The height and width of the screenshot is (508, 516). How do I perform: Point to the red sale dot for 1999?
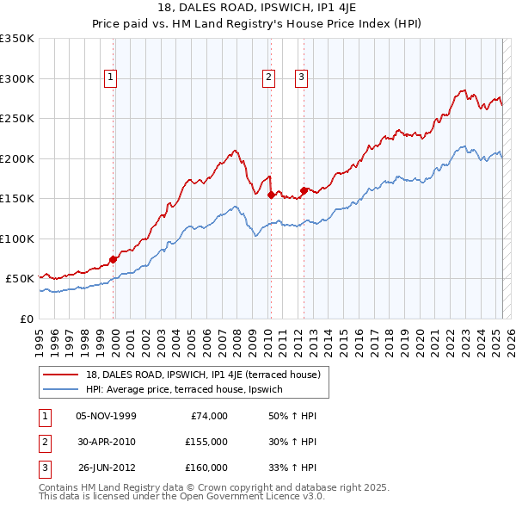click(x=113, y=259)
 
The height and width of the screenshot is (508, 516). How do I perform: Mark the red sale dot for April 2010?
click(x=271, y=195)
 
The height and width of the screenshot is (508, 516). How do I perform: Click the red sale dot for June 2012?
click(x=304, y=190)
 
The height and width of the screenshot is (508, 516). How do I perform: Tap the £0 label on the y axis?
click(x=27, y=319)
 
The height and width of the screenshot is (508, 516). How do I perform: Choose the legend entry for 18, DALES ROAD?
click(x=203, y=375)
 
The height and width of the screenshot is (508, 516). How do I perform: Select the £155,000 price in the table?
click(x=206, y=442)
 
